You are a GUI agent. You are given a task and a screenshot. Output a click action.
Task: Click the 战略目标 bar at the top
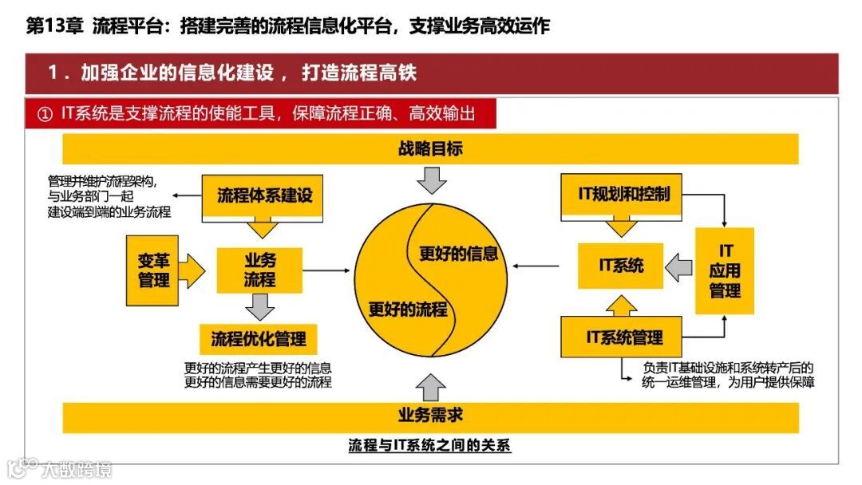click(x=430, y=149)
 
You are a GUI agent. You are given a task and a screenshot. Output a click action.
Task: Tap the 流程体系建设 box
click(x=264, y=195)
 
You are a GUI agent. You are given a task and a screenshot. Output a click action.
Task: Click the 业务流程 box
click(x=259, y=270)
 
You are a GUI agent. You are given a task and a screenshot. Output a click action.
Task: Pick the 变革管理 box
click(x=153, y=270)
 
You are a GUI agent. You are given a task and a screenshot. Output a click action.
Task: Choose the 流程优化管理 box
click(x=258, y=339)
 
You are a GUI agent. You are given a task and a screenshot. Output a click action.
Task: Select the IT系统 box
click(x=622, y=266)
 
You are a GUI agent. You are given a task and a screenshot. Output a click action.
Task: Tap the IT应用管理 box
click(x=725, y=271)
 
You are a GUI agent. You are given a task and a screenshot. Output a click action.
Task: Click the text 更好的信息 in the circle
click(x=459, y=254)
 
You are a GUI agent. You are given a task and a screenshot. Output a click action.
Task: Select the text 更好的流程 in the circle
click(x=408, y=310)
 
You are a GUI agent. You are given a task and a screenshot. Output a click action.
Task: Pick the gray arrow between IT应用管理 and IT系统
click(x=678, y=266)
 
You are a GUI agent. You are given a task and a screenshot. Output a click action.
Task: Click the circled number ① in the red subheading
click(x=45, y=114)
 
